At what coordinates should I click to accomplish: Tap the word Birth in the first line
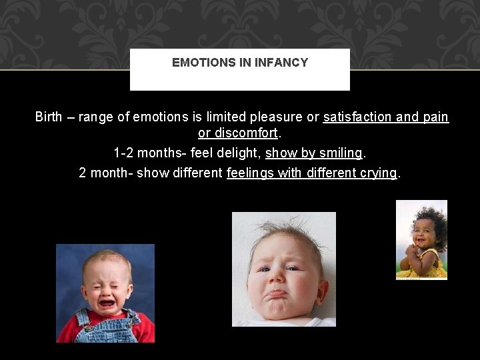[49, 117]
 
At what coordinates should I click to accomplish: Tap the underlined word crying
[376, 173]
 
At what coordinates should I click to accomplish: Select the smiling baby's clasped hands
[409, 251]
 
